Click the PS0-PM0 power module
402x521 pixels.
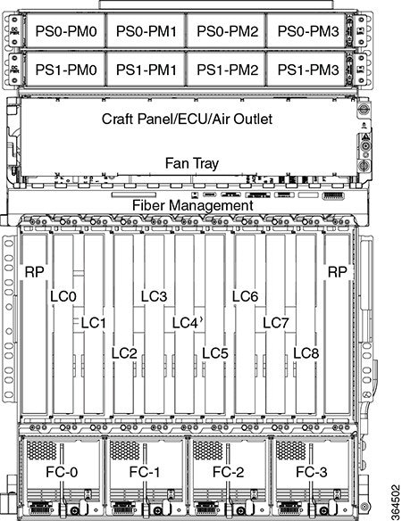click(x=66, y=31)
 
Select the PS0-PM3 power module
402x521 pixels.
click(x=308, y=31)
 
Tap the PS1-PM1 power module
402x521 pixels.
click(x=147, y=70)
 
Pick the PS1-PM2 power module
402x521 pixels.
click(x=227, y=70)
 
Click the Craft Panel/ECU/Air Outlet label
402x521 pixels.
click(x=187, y=119)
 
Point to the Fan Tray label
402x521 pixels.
click(x=192, y=163)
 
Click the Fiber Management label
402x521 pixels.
click(x=193, y=205)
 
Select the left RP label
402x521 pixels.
click(x=34, y=272)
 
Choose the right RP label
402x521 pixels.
click(x=338, y=272)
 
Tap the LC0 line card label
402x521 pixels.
click(x=63, y=296)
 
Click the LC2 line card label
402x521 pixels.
click(x=124, y=353)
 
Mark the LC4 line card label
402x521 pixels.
click(x=185, y=323)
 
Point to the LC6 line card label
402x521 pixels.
click(x=245, y=296)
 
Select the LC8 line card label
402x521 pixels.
click(x=306, y=353)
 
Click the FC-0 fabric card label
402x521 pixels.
click(x=62, y=472)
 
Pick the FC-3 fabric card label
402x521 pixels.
click(x=312, y=472)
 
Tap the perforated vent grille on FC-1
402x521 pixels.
click(x=125, y=451)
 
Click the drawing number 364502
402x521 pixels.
click(x=395, y=502)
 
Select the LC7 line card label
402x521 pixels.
click(x=276, y=323)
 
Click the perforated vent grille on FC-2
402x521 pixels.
click(x=208, y=451)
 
